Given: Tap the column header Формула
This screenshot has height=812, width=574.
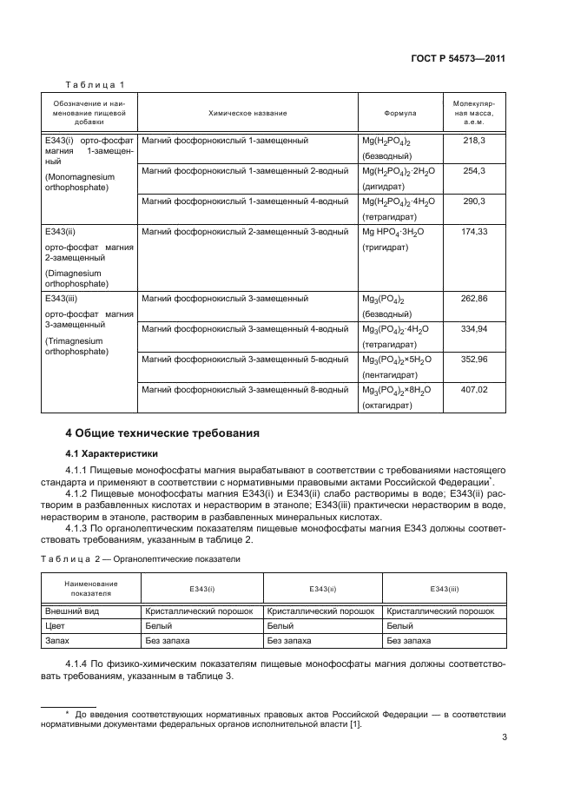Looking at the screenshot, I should point(399,113).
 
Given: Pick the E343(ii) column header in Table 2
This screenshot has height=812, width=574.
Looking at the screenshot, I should point(322,589).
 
